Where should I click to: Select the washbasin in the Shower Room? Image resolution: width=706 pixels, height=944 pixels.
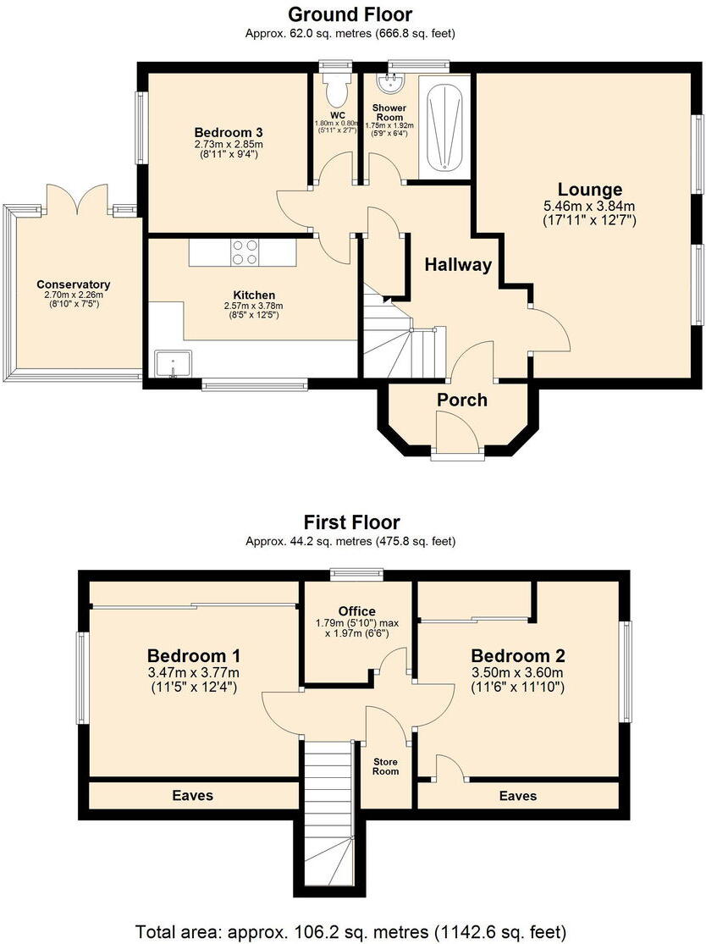point(392,83)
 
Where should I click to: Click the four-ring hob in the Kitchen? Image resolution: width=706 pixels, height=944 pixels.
point(245,252)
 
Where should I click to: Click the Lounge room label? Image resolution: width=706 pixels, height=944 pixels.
point(589,190)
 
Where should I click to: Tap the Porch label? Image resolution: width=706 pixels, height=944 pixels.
point(461,400)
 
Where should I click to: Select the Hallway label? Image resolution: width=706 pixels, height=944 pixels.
point(458,265)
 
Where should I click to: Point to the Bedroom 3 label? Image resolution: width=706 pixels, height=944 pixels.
point(228,133)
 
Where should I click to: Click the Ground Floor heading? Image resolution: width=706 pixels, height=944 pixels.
point(350,14)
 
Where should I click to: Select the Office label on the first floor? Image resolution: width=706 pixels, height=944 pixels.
point(356,611)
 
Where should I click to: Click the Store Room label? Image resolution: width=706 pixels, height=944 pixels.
point(386,766)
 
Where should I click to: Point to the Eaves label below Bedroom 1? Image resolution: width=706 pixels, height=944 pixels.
point(192,796)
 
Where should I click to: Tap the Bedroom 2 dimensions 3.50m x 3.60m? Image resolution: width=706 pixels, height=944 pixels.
point(518,673)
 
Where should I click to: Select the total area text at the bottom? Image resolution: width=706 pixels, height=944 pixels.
point(350,931)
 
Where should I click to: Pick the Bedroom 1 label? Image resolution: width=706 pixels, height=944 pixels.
point(194,656)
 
